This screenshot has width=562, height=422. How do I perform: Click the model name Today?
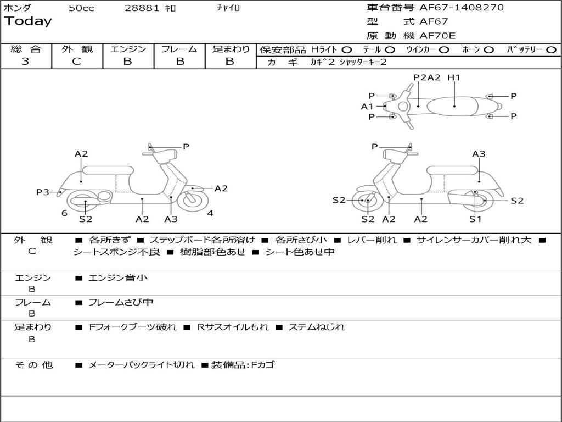(x=28, y=21)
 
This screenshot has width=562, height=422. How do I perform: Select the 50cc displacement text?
(x=81, y=8)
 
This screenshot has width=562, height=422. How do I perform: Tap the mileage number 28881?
(x=142, y=8)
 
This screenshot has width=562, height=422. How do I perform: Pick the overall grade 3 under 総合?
(x=25, y=62)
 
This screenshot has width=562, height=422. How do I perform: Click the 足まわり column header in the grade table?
(x=231, y=49)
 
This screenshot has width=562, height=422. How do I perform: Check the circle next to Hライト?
(x=347, y=49)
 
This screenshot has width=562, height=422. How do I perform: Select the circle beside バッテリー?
(x=551, y=49)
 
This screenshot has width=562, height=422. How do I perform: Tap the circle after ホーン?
(x=488, y=49)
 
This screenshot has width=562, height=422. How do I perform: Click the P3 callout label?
(x=43, y=192)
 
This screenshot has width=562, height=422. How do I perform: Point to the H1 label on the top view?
(x=453, y=77)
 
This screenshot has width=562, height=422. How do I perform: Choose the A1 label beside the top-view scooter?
(x=367, y=107)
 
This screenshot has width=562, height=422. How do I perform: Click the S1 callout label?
(x=475, y=219)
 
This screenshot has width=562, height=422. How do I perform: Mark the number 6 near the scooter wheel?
(x=64, y=213)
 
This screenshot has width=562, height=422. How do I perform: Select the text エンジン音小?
(x=118, y=278)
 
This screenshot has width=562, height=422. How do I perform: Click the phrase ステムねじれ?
(x=317, y=327)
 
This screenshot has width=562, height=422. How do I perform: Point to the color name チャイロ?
(x=228, y=8)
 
